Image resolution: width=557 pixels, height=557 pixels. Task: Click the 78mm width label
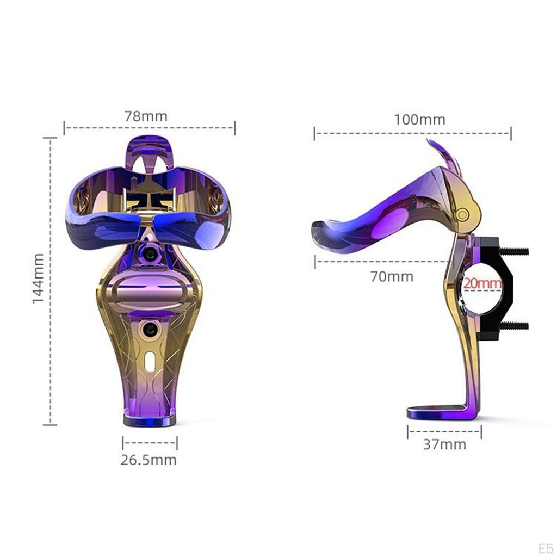tap(146, 116)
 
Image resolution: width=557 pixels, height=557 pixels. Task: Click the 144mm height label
tap(38, 278)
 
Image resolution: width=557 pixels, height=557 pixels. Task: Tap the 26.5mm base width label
tap(148, 460)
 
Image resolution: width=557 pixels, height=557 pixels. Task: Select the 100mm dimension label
tap(419, 120)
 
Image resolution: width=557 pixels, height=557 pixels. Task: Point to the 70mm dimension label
tap(392, 276)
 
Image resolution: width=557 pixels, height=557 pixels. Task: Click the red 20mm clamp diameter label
tap(481, 283)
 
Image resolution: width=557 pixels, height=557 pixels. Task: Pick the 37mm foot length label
tap(444, 444)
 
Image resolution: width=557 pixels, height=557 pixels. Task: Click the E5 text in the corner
tap(545, 546)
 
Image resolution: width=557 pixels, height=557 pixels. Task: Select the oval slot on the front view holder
tap(149, 360)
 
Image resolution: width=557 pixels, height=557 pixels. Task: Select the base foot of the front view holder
tap(150, 420)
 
